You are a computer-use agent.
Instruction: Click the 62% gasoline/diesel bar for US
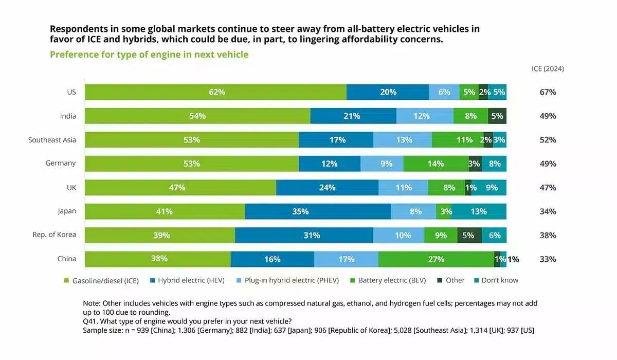tap(216, 92)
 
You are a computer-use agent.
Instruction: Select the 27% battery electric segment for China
tap(436, 259)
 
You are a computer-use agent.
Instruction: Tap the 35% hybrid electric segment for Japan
tap(318, 211)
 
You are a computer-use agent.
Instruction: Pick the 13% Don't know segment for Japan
tap(478, 211)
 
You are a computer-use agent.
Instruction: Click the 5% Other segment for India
tap(497, 116)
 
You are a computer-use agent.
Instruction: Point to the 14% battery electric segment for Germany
tap(435, 164)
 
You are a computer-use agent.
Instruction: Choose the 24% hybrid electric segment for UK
tap(327, 188)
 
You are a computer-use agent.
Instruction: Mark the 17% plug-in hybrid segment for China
tap(346, 259)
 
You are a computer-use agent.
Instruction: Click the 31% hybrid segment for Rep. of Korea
tap(304, 235)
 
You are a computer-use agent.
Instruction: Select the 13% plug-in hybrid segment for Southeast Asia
tap(403, 140)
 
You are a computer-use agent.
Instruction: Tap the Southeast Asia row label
tap(52, 140)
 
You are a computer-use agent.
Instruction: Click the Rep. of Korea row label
tap(54, 235)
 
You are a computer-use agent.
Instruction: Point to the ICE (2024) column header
tap(548, 69)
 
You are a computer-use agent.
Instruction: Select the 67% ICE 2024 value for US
tap(548, 92)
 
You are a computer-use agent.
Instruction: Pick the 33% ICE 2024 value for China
tap(548, 259)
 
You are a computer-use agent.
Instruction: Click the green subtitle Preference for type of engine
tap(149, 55)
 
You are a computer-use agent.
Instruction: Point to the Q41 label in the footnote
tap(90, 321)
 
